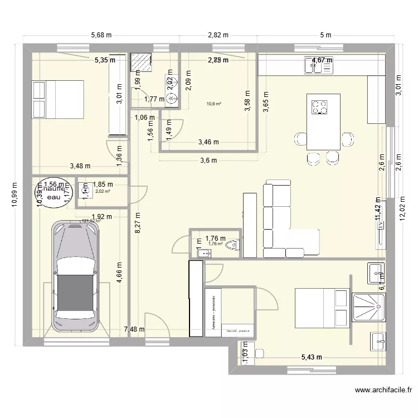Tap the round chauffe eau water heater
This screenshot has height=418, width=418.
tap(55, 193)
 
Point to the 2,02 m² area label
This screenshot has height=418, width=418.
tap(103, 191)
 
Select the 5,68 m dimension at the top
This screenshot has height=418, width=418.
tap(101, 35)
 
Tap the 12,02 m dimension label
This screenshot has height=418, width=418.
tap(404, 204)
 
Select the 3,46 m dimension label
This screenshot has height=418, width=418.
tap(209, 143)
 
